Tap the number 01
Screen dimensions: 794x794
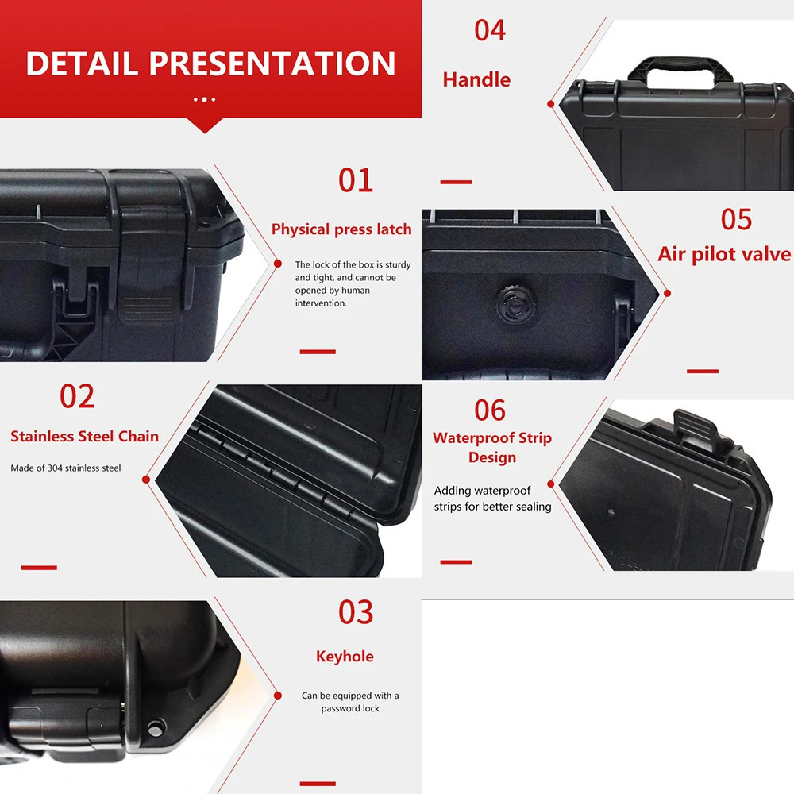(x=355, y=181)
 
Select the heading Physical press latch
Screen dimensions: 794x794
(x=341, y=229)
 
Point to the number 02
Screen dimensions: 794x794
(x=77, y=397)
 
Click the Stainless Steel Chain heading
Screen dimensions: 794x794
(x=84, y=437)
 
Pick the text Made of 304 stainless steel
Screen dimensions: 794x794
(x=66, y=468)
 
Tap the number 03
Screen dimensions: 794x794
(x=355, y=613)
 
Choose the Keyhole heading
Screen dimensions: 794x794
(x=345, y=657)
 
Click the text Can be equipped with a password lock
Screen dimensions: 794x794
(x=350, y=702)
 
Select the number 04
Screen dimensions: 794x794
(x=490, y=31)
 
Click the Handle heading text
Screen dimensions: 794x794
(x=476, y=80)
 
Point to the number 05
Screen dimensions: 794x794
(x=736, y=220)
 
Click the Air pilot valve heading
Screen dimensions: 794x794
(x=724, y=254)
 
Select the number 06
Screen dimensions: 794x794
(x=490, y=410)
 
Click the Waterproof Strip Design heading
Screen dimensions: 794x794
(x=492, y=448)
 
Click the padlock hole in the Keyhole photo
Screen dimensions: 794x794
(x=156, y=727)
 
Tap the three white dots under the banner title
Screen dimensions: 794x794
(x=204, y=99)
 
